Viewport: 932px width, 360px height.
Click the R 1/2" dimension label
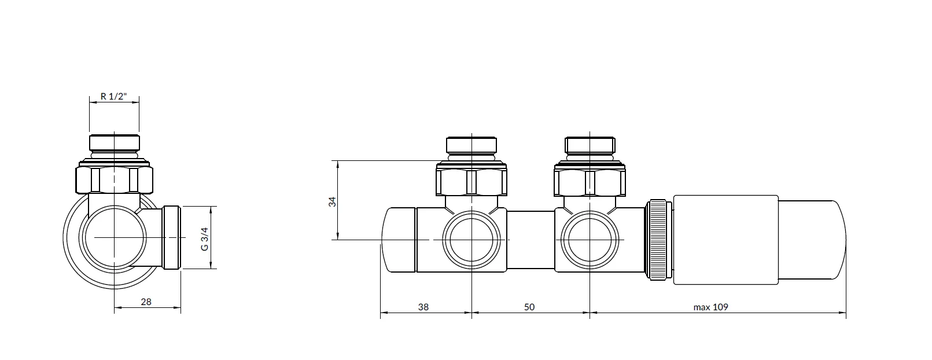click(113, 97)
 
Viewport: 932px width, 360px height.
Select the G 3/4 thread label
click(204, 239)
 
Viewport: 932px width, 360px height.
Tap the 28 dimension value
click(146, 302)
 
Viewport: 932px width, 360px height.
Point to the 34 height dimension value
click(332, 202)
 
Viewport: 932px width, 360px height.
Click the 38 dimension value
click(423, 307)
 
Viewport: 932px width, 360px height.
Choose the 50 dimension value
click(529, 307)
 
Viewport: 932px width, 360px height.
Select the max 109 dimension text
click(710, 307)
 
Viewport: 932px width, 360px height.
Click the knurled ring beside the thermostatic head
click(658, 240)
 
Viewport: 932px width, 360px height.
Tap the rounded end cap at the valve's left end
click(399, 240)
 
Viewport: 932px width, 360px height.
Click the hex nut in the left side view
click(114, 180)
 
